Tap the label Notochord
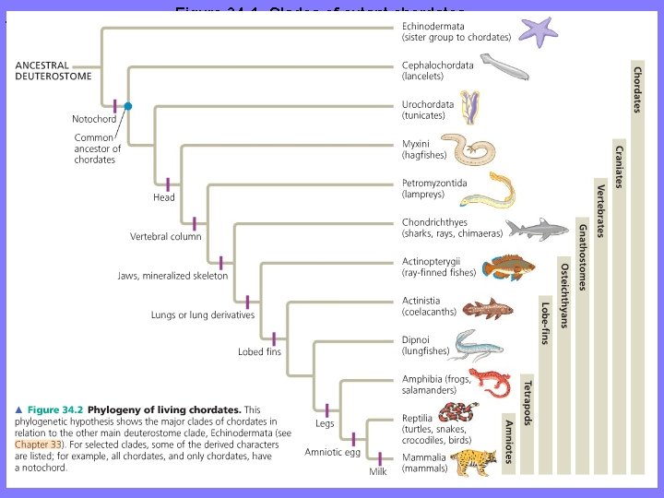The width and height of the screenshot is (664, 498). (93, 119)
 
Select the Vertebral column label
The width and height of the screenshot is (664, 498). (166, 236)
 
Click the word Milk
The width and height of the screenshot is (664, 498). (378, 471)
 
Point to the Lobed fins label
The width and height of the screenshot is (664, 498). (260, 352)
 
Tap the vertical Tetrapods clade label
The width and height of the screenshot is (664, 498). (527, 402)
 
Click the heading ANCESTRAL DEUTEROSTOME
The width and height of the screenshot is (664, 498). (53, 71)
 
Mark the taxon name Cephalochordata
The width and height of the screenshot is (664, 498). (437, 65)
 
